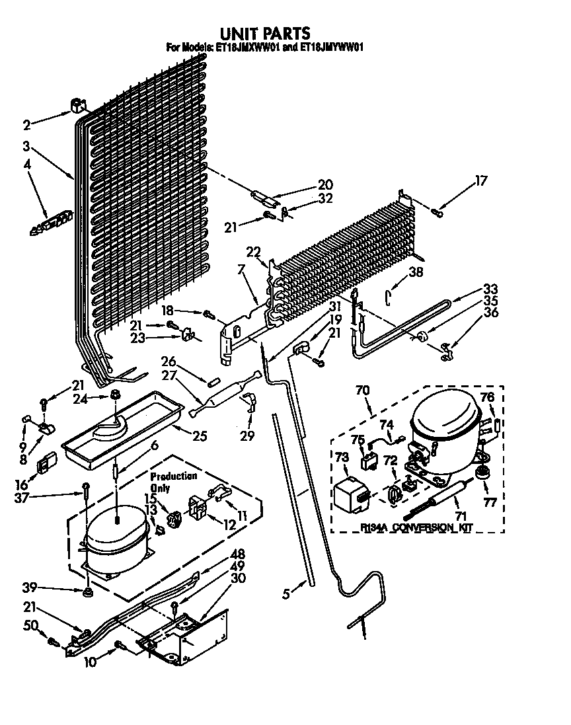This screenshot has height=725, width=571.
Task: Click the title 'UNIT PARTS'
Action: (x=264, y=33)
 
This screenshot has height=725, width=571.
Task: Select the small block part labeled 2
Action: (x=78, y=106)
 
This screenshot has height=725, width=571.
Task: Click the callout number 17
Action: (x=481, y=181)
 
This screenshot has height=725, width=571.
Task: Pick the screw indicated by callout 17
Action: (x=438, y=211)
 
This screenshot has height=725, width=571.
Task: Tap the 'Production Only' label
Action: (x=173, y=480)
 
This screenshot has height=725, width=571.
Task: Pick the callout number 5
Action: (x=285, y=594)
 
